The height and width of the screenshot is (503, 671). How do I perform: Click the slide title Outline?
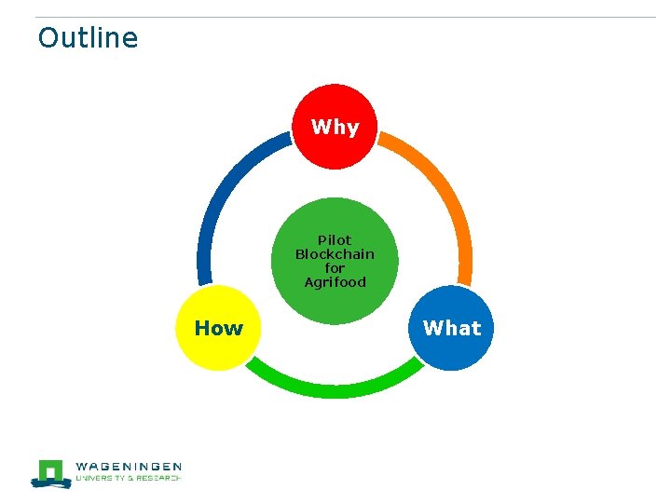[88, 38]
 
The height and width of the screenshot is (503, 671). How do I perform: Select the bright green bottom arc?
[335, 387]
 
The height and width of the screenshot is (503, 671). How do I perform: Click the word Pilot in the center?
[335, 239]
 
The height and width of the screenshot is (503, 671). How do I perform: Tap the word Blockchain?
[335, 253]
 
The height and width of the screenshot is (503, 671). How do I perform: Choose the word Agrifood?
[335, 281]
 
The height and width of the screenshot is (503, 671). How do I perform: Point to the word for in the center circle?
[335, 267]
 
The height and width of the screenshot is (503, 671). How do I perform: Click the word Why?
[335, 127]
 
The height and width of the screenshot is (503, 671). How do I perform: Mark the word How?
[218, 328]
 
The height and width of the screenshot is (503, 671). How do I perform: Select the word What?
[452, 328]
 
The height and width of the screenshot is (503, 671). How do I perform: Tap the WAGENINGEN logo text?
[128, 467]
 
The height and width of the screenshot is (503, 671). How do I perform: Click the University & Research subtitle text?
[128, 479]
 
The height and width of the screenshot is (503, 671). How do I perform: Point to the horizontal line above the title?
[345, 17]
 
